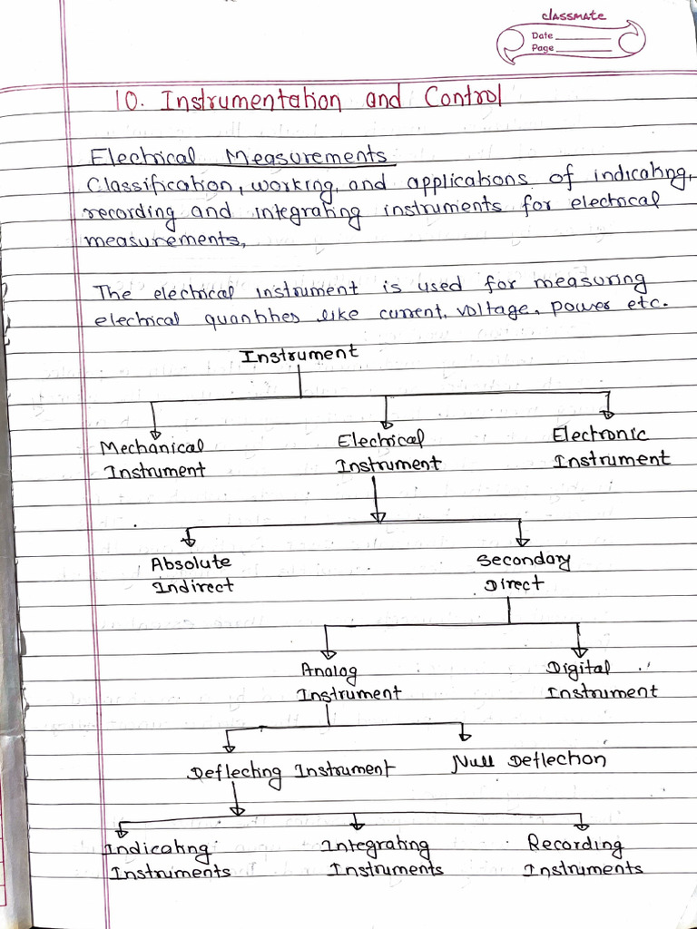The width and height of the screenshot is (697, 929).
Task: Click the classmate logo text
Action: [573, 15]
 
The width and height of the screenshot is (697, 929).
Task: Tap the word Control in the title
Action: [463, 96]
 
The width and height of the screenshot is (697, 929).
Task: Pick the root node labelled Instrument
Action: [299, 354]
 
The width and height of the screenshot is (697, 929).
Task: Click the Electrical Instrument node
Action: [386, 452]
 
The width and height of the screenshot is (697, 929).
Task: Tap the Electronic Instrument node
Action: [611, 446]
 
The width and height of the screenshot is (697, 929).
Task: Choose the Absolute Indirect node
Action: [191, 574]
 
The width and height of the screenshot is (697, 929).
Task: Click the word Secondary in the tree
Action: [524, 560]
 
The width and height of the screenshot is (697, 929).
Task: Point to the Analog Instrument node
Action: [348, 681]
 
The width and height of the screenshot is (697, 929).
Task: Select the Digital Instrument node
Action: [600, 680]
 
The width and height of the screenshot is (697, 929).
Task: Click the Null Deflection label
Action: [528, 759]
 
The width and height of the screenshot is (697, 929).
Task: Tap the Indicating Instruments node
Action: [169, 860]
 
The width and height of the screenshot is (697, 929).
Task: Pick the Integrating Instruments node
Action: [384, 857]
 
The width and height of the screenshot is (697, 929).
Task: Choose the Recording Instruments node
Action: [582, 856]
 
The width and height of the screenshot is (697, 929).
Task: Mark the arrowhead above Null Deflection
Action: [466, 734]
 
